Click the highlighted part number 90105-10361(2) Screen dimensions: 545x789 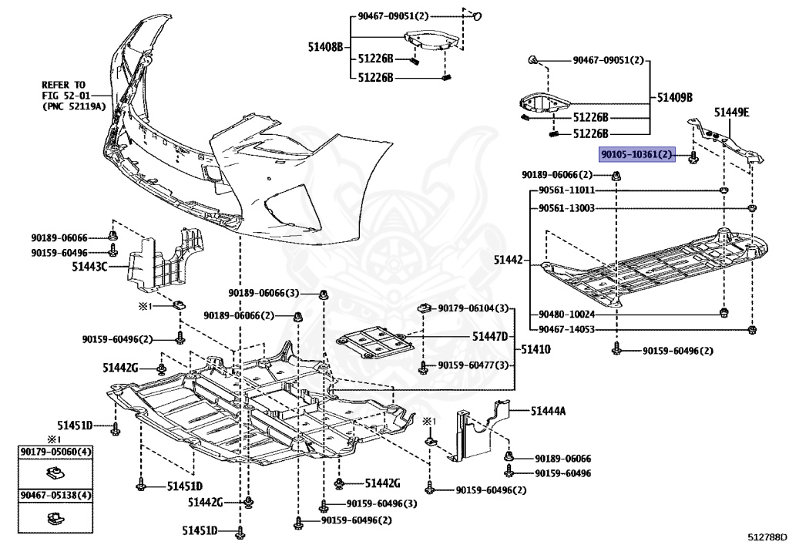coord(638,155)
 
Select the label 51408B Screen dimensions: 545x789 coord(325,47)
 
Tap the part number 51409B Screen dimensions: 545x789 coord(675,98)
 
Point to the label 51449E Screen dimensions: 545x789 coord(731,113)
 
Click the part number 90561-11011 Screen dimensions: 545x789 coord(566,190)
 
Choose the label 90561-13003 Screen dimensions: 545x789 coord(566,208)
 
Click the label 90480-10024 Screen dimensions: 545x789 coord(566,314)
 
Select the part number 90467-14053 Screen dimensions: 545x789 coord(566,329)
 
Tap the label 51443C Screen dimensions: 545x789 coord(90,267)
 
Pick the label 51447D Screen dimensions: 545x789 coord(490,337)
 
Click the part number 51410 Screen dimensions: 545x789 coord(536,349)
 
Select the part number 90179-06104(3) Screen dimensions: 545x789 coord(474,308)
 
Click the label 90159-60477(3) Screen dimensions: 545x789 coord(474,365)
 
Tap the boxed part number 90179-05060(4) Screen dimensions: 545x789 coord(55,451)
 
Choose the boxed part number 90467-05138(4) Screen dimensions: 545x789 coord(55,495)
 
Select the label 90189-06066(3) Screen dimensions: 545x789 coord(264,293)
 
